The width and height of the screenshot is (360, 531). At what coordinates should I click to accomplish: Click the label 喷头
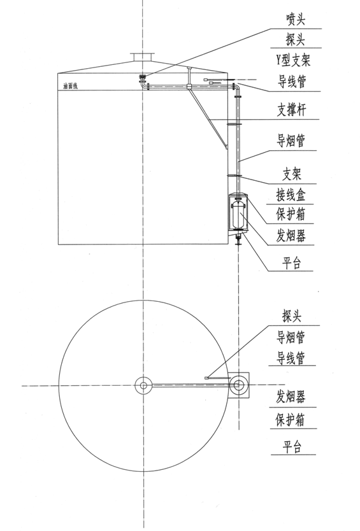296,20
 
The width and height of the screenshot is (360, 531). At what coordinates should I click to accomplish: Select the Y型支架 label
293,60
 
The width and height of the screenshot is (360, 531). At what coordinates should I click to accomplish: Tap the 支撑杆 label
292,110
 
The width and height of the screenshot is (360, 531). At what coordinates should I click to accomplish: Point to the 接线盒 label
291,195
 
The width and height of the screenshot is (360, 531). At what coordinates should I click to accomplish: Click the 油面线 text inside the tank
70,86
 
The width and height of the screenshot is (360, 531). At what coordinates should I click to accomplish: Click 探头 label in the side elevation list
295,39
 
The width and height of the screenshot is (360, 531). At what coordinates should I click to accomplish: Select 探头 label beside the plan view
292,316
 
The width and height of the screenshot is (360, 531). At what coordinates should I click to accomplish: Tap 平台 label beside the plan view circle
292,446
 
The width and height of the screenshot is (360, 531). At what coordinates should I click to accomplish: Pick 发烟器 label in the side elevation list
291,236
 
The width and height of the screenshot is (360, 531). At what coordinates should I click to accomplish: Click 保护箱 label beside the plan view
290,420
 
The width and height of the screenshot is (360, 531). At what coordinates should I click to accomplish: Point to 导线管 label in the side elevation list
292,81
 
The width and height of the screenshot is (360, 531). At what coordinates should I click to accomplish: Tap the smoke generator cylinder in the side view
239,216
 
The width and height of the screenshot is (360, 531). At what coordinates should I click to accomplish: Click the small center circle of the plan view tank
143,385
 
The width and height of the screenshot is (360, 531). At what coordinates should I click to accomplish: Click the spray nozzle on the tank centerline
143,79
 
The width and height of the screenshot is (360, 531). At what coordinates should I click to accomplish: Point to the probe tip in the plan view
206,378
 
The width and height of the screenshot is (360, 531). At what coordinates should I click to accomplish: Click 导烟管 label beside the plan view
291,337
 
